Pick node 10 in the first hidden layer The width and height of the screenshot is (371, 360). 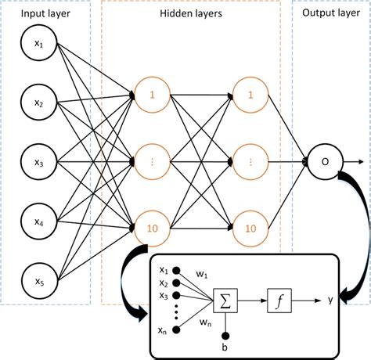(153, 228)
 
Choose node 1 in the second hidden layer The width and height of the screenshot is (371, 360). (250, 94)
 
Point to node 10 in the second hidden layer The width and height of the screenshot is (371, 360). (250, 228)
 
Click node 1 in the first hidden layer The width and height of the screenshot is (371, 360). (153, 94)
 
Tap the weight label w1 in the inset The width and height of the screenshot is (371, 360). (201, 275)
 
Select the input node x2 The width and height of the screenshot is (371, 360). (39, 105)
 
